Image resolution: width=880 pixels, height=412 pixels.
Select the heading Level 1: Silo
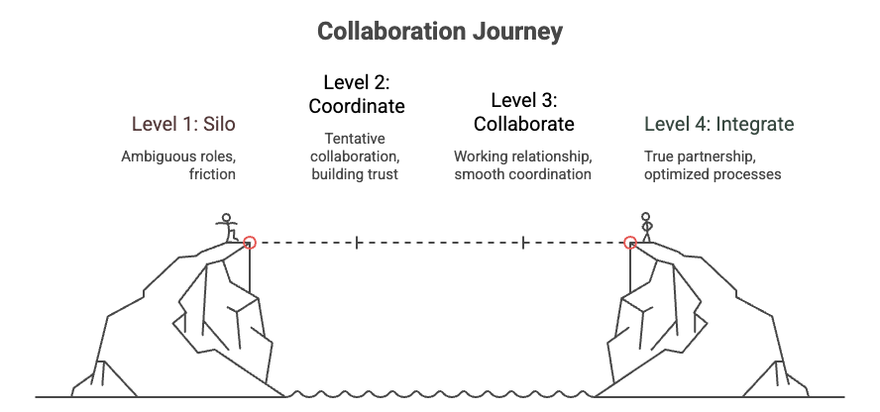(x=183, y=125)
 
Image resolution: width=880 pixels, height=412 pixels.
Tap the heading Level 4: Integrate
(x=718, y=125)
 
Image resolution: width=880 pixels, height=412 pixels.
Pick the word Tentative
(x=354, y=138)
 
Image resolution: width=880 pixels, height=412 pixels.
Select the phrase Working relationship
(x=522, y=156)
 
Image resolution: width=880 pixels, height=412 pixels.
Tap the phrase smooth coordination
(x=522, y=174)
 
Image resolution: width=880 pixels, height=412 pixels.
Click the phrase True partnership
(x=696, y=156)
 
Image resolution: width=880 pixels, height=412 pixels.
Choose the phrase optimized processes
(x=713, y=174)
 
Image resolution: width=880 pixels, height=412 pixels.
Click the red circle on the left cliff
(x=249, y=242)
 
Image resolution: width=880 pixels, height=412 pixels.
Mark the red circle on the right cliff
(x=629, y=242)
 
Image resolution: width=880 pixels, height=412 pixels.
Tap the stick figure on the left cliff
(x=228, y=227)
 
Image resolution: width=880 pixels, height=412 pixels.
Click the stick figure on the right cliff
(x=647, y=228)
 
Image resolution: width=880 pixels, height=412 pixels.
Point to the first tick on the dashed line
(x=356, y=242)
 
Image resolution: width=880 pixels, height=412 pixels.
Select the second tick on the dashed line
(x=522, y=242)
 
